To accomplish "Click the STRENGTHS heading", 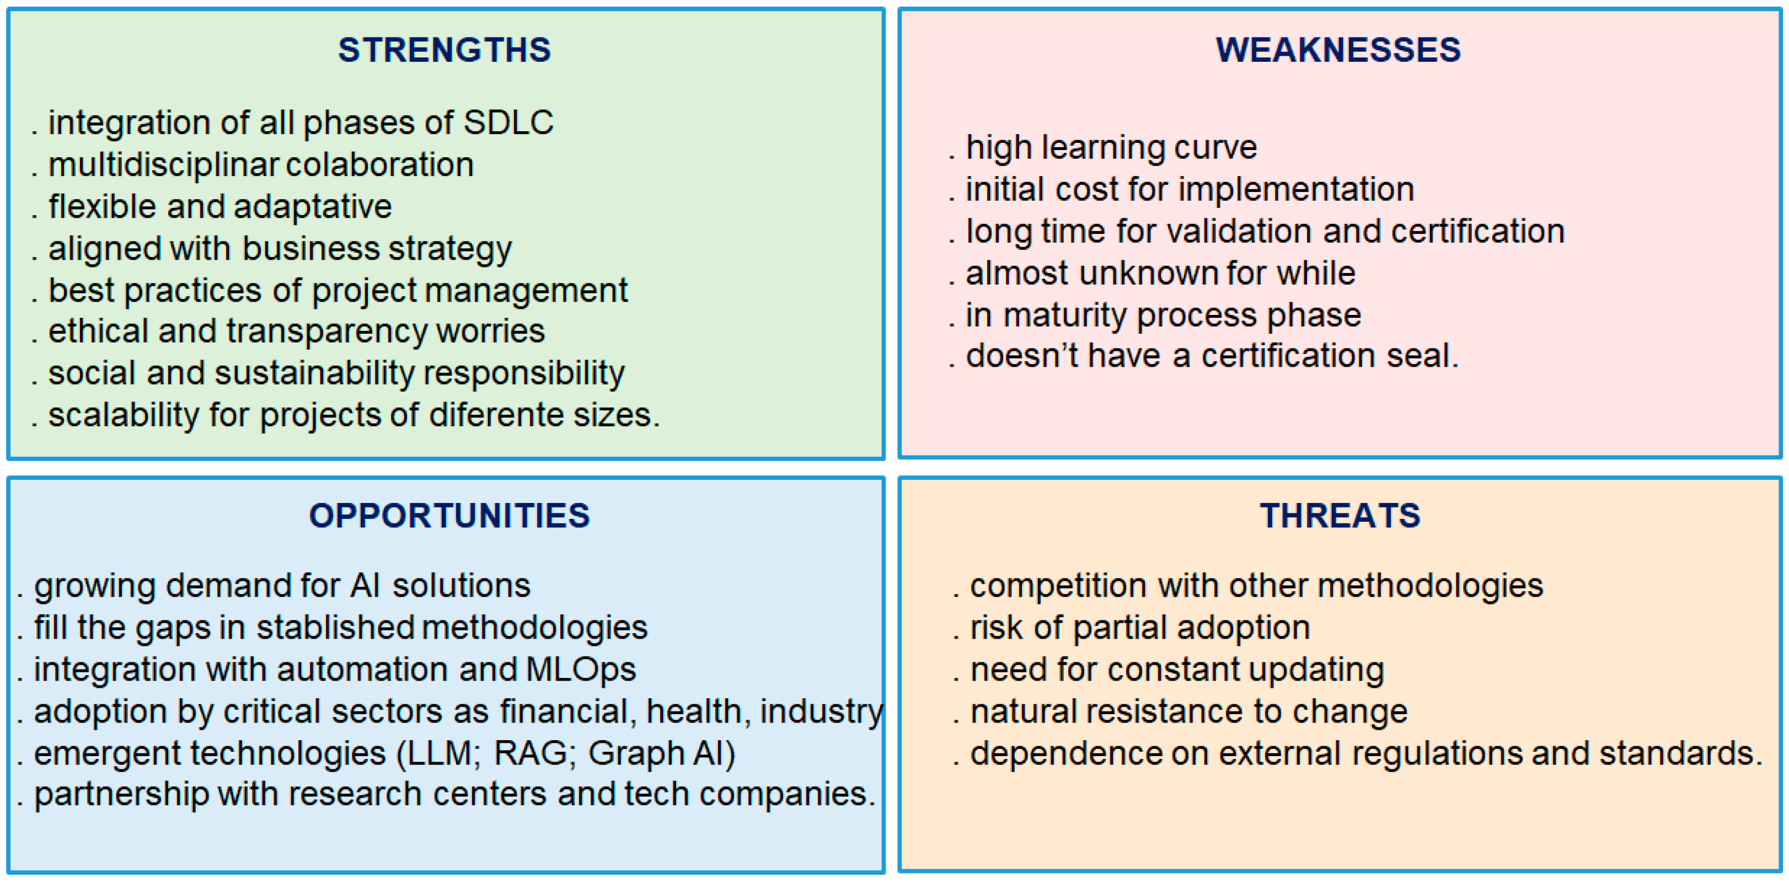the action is point(444,50).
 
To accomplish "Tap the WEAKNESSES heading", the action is point(1338,50).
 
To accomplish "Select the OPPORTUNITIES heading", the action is point(449,516).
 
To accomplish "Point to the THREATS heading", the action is point(1340,516).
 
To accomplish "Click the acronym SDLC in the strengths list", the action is point(508,122).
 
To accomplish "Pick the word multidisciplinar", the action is point(164,165).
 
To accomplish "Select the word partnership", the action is point(121,795).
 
